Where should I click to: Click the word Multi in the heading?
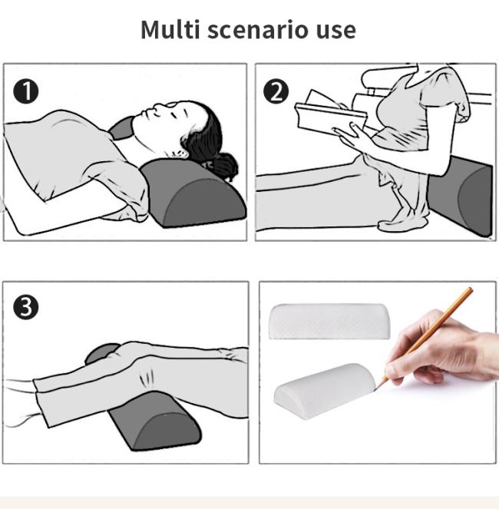170,29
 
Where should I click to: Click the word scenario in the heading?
257,29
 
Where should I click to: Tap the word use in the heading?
336,32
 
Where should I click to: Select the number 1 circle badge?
26,91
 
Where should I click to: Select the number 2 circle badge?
276,91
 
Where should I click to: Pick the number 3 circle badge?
26,307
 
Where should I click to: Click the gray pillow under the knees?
155,421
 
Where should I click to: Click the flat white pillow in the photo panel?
329,322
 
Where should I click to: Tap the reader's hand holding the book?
352,134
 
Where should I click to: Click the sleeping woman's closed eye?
174,115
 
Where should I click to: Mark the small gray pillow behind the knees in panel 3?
101,353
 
